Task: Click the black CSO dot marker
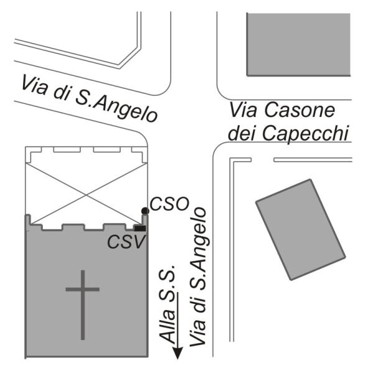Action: tap(145, 211)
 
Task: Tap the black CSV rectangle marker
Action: tap(140, 228)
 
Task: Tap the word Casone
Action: tap(300, 111)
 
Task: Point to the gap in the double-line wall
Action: tap(262, 160)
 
